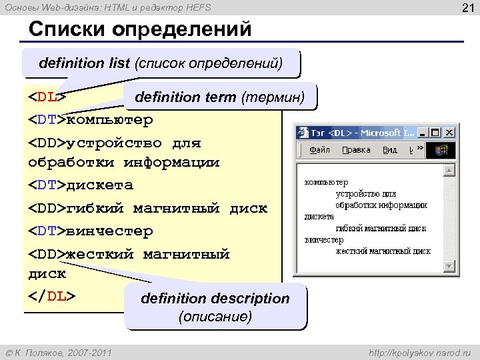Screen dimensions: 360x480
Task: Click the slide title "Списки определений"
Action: tap(140, 30)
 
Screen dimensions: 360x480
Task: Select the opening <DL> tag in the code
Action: tap(47, 97)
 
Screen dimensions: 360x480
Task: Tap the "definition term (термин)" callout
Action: tap(219, 97)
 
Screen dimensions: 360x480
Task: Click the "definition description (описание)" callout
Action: tap(215, 307)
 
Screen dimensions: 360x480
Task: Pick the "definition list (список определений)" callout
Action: tap(161, 64)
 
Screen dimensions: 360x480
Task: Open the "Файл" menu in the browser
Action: tap(319, 150)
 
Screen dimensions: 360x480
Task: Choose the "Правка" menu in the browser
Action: tap(356, 150)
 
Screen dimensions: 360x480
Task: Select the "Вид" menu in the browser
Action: tap(389, 150)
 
